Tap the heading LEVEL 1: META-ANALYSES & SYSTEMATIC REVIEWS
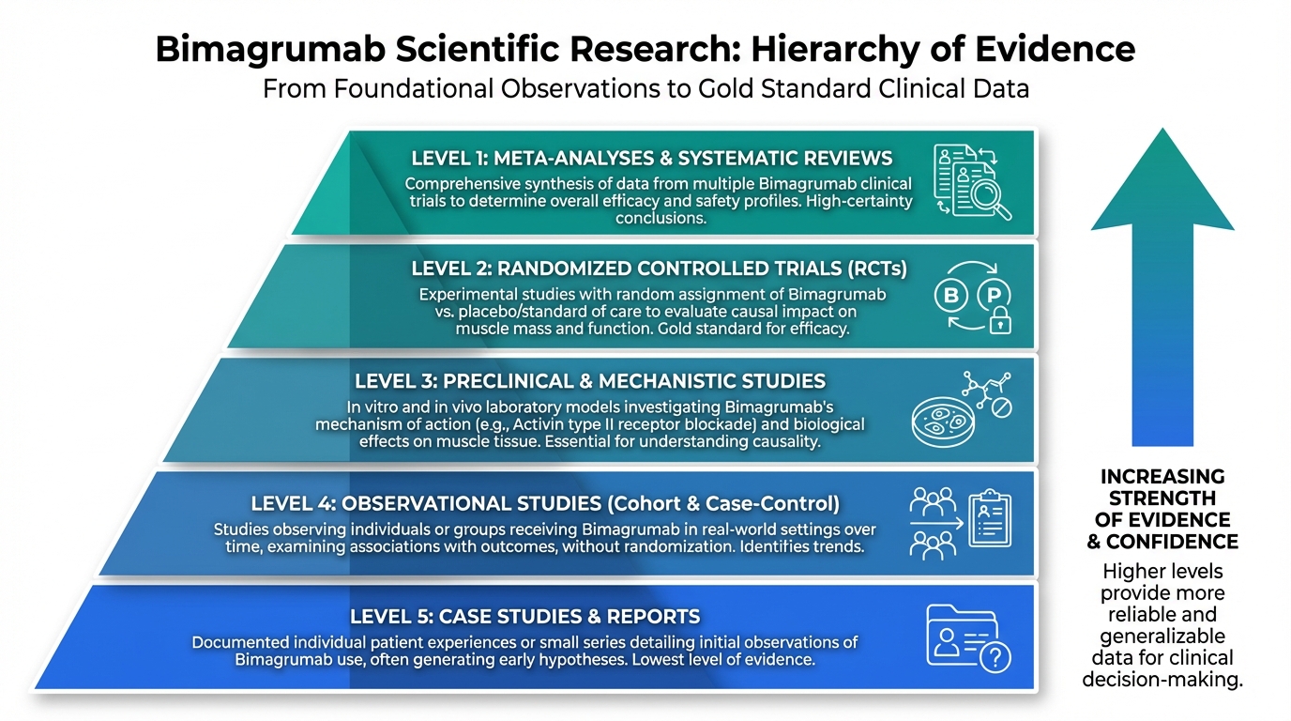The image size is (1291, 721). click(652, 158)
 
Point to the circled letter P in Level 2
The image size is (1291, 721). click(994, 294)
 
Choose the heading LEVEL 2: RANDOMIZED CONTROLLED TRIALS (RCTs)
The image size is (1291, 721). click(660, 268)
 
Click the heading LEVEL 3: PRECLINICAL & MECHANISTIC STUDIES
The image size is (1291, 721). click(590, 381)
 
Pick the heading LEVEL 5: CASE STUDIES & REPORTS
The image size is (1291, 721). click(525, 617)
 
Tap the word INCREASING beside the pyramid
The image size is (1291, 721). click(1162, 476)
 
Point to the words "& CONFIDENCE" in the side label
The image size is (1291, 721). click(1162, 542)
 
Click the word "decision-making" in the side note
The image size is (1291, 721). click(1162, 679)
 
